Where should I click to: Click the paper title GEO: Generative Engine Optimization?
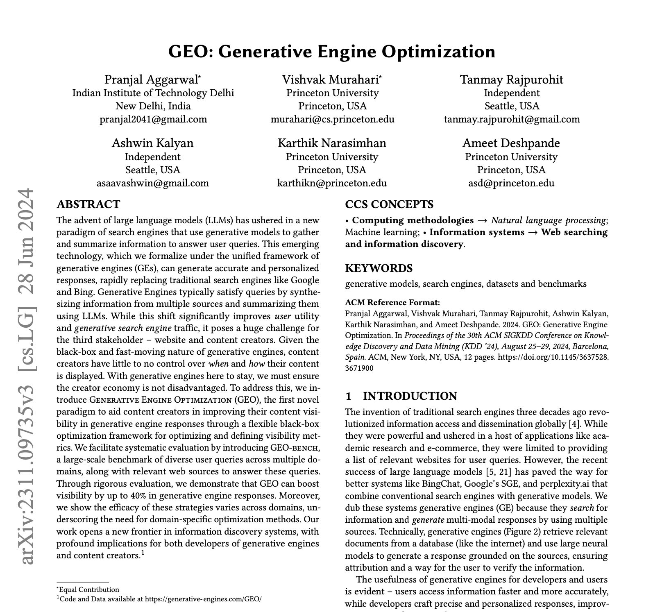click(331, 52)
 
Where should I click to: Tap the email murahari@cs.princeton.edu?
click(332, 119)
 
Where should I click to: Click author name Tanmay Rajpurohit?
click(511, 79)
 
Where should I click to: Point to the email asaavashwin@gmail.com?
click(152, 183)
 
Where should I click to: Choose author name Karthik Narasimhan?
click(332, 143)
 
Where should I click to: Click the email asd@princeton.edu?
click(511, 183)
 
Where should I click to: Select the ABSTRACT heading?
click(88, 204)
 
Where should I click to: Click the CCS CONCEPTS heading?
click(389, 204)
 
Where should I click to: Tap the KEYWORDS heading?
click(379, 268)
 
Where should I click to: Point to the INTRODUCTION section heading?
click(410, 396)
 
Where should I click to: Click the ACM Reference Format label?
click(392, 303)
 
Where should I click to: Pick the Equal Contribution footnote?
click(89, 589)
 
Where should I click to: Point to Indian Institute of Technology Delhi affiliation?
click(153, 93)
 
